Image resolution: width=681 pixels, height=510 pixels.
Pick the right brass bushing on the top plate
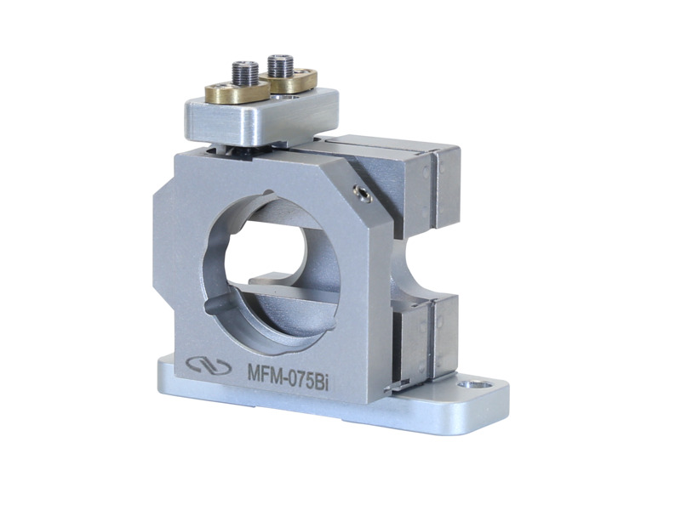[x=294, y=82]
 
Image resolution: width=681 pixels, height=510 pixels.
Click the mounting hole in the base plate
[x=466, y=384]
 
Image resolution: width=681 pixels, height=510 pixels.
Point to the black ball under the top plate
[x=237, y=150]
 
